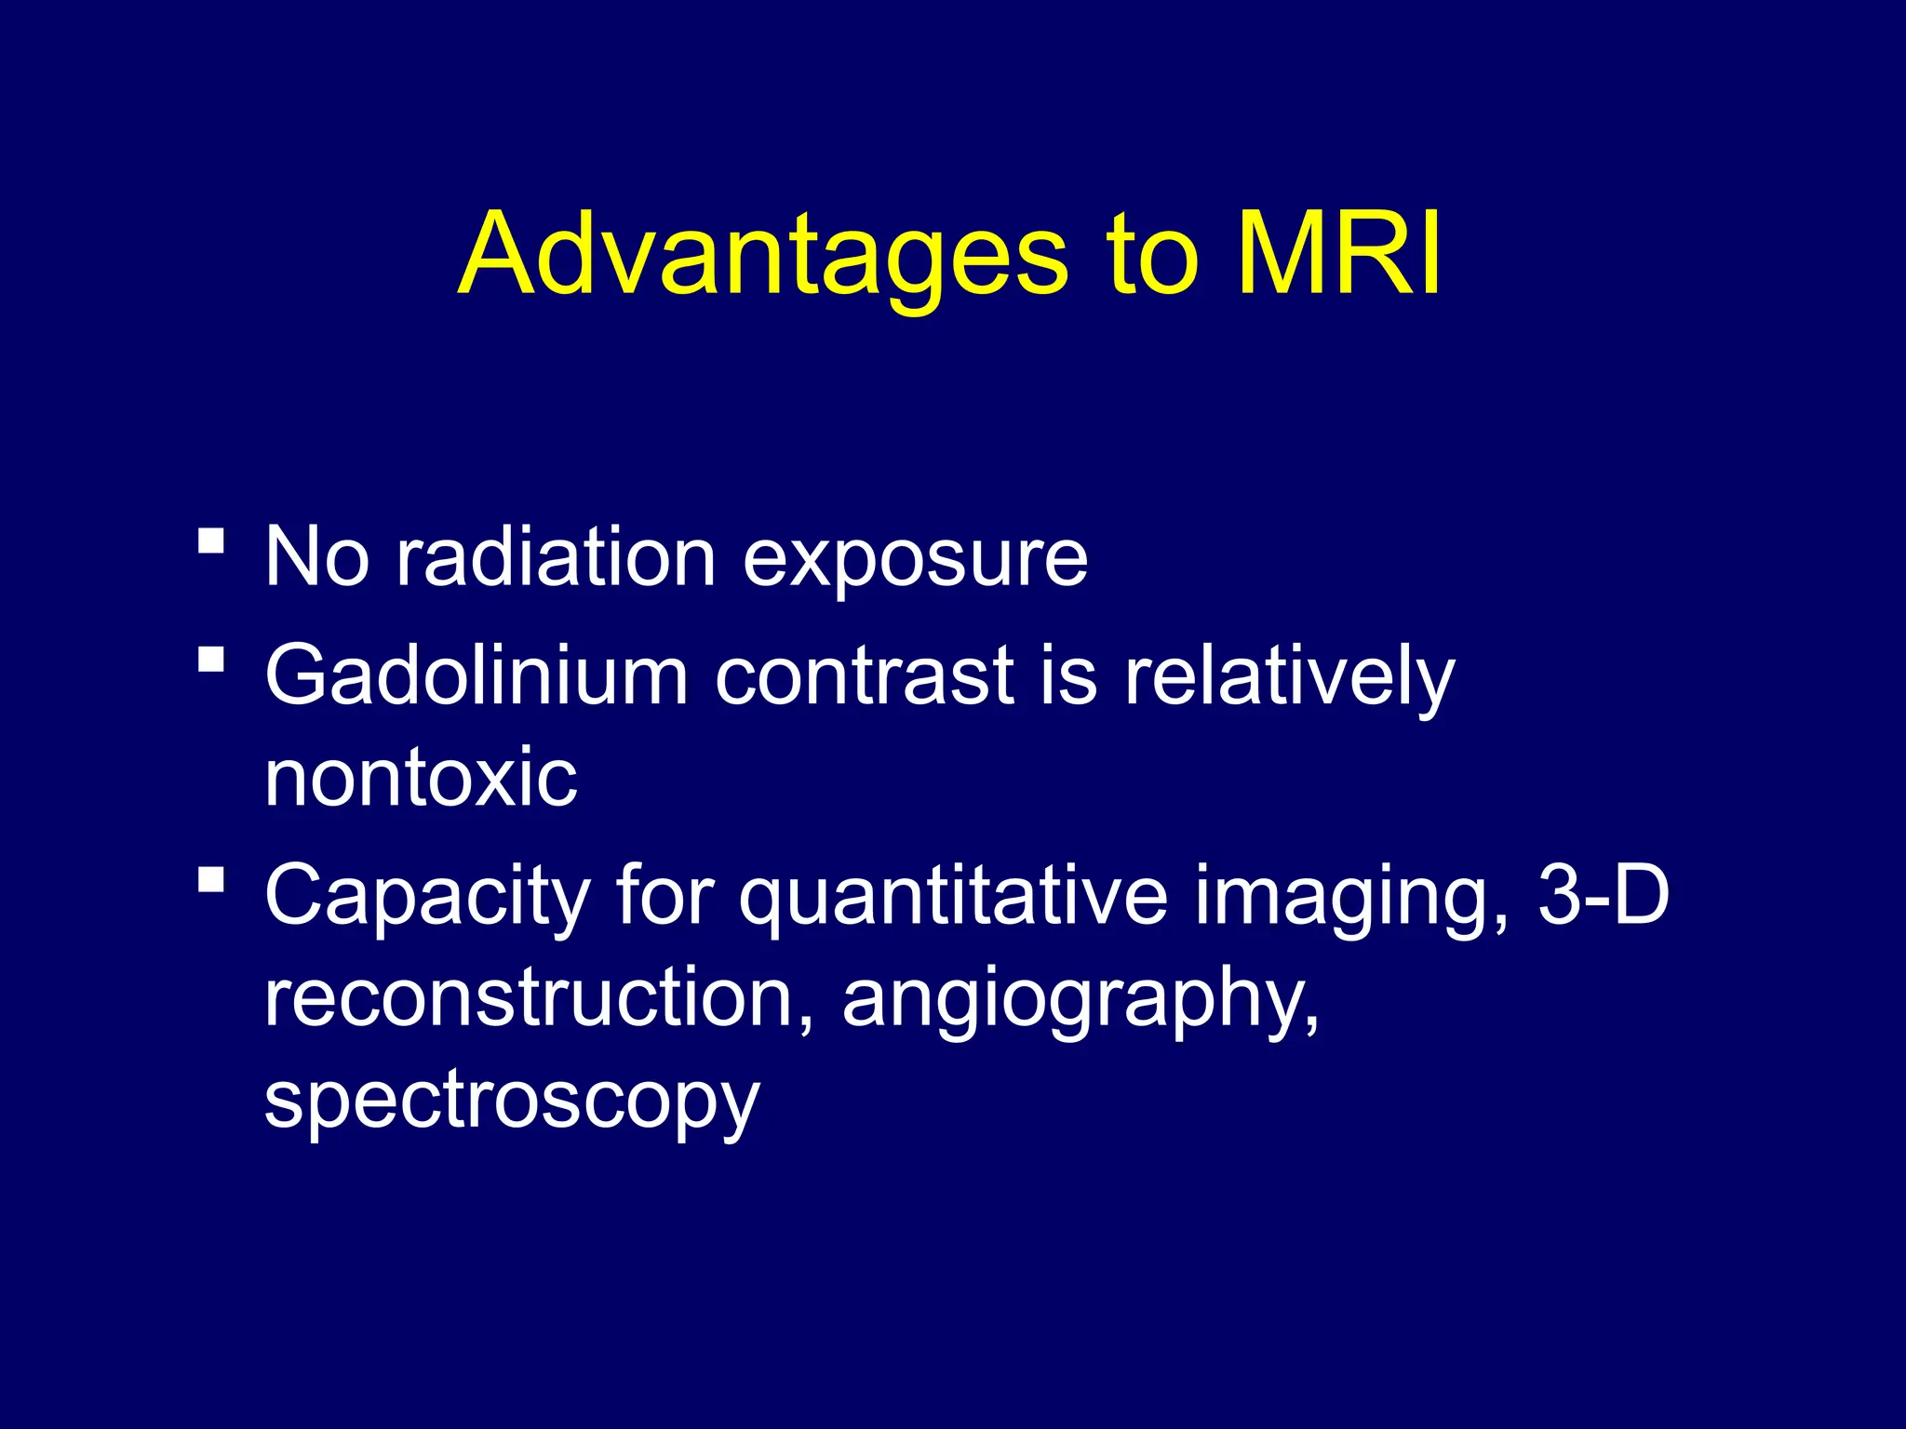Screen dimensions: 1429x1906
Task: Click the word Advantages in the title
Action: point(763,256)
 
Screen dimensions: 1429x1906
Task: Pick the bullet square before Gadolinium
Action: point(212,660)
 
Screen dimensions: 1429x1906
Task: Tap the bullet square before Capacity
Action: point(212,879)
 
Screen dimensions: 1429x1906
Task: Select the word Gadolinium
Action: point(476,675)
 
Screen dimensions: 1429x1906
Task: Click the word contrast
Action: point(863,677)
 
